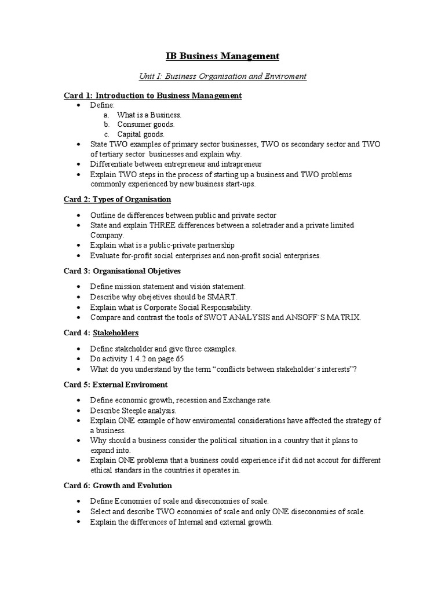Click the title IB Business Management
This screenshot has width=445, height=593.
pyautogui.click(x=220, y=56)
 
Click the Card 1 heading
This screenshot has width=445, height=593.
pyautogui.click(x=152, y=95)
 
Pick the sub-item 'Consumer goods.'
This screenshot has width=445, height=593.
pyautogui.click(x=145, y=125)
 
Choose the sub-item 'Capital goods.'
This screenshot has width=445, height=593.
pyautogui.click(x=141, y=134)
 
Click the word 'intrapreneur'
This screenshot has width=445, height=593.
pyautogui.click(x=242, y=164)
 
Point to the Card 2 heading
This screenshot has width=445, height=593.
pyautogui.click(x=117, y=199)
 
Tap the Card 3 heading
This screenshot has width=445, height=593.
pyautogui.click(x=122, y=270)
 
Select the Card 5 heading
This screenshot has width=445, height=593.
pyautogui.click(x=115, y=384)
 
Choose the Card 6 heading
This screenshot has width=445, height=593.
pyautogui.click(x=118, y=485)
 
